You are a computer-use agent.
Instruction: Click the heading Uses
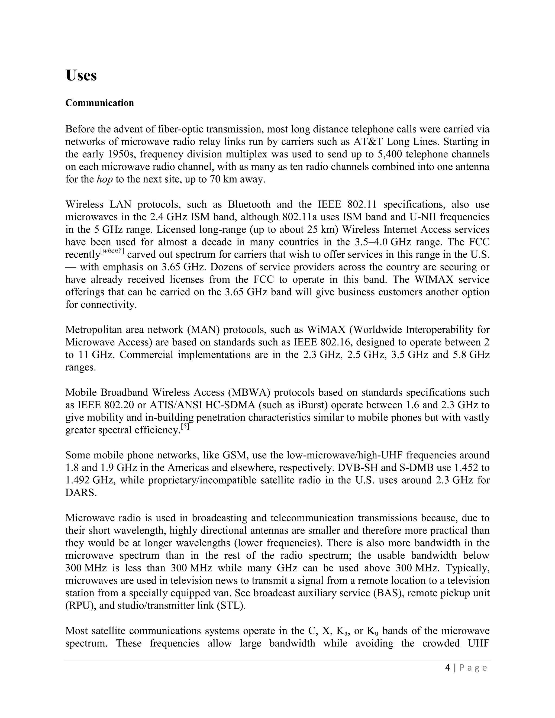pyautogui.click(x=81, y=76)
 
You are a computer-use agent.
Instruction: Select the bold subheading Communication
pyautogui.click(x=100, y=103)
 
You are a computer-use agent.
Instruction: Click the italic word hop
pyautogui.click(x=105, y=179)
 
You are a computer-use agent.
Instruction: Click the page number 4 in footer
pyautogui.click(x=447, y=668)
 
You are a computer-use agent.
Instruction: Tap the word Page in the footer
pyautogui.click(x=473, y=668)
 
